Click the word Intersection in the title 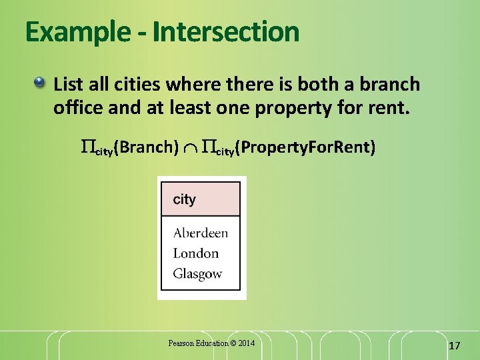[226, 32]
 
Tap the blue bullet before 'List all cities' [41, 83]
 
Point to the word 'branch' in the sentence [391, 84]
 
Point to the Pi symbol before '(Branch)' [87, 147]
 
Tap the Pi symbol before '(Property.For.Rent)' [208, 147]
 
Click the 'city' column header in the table [185, 199]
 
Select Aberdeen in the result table [200, 233]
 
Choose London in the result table [195, 253]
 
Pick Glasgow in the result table [197, 273]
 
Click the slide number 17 [455, 345]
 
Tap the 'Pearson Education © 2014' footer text [211, 343]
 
